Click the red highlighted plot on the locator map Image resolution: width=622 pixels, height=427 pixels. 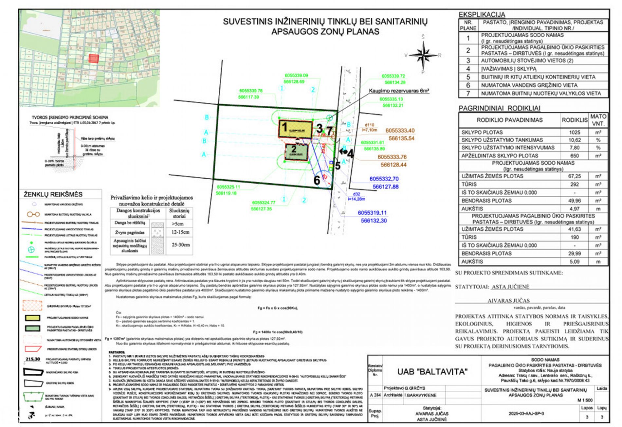[x=93, y=59]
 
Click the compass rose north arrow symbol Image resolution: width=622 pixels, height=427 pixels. [x=423, y=55]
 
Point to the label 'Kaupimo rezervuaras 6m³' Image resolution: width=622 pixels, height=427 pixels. [x=399, y=91]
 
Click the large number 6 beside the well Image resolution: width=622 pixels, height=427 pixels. [x=317, y=180]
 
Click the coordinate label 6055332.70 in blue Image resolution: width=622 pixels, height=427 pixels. [x=384, y=179]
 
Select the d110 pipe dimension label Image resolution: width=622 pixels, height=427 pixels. [x=369, y=125]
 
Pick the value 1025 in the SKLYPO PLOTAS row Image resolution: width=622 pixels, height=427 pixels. [x=574, y=132]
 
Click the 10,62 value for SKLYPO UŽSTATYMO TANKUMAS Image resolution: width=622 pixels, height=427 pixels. [x=574, y=140]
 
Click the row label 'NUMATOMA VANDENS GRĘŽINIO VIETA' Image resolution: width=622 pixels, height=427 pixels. [x=529, y=85]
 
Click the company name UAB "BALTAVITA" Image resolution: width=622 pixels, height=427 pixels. [x=432, y=372]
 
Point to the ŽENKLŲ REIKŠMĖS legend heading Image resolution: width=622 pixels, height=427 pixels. [x=53, y=194]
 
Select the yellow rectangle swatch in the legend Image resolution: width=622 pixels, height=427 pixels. [x=33, y=318]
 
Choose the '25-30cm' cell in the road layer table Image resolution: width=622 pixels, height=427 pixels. [x=180, y=244]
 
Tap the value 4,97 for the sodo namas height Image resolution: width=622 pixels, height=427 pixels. [x=574, y=209]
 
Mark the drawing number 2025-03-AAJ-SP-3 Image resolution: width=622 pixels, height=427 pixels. [x=526, y=414]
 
